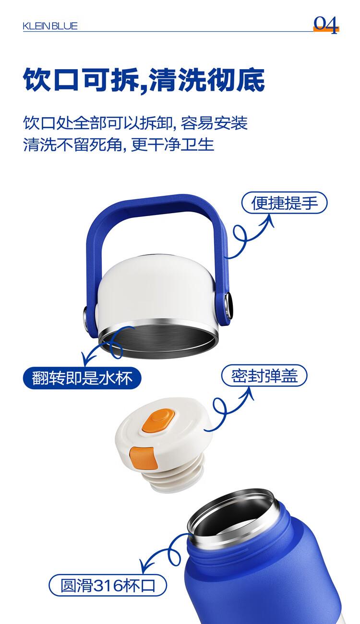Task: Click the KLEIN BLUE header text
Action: pyautogui.click(x=50, y=26)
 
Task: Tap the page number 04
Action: pyautogui.click(x=326, y=25)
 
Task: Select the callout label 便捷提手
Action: pyautogui.click(x=284, y=203)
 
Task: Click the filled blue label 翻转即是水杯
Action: pyautogui.click(x=82, y=378)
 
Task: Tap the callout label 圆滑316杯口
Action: pyautogui.click(x=108, y=585)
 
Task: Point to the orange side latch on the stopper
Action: pyautogui.click(x=143, y=458)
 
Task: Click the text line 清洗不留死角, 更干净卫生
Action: pyautogui.click(x=119, y=144)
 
